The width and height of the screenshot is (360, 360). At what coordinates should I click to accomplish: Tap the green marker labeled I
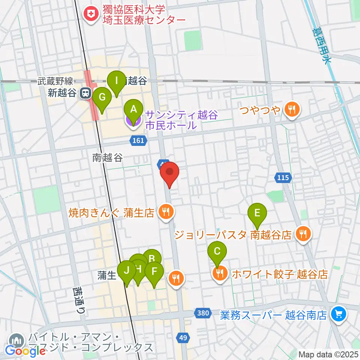117,80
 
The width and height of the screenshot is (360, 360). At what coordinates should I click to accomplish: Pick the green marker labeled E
257,213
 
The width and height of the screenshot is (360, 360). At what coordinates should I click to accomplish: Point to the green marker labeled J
127,270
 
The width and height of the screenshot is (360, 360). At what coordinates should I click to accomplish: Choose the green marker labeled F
154,271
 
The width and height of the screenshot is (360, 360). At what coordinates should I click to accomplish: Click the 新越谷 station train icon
85,93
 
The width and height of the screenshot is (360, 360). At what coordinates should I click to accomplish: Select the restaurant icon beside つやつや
291,110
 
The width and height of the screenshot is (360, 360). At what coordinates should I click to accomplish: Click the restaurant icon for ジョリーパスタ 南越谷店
302,235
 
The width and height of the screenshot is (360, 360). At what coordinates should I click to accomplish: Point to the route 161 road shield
138,140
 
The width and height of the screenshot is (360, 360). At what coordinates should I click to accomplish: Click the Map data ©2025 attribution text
328,354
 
